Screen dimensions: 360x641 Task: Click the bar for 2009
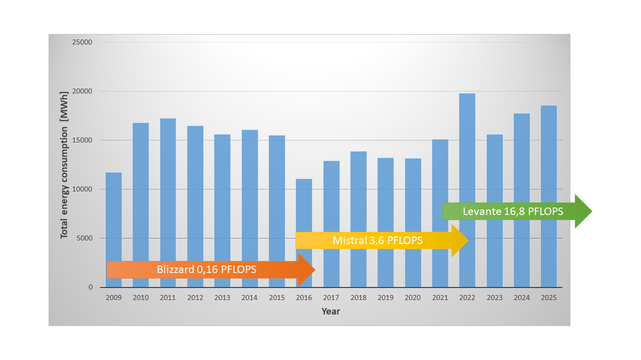coord(113,218)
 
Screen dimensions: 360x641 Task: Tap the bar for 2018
coord(358,192)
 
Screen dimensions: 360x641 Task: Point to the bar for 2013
coord(222,192)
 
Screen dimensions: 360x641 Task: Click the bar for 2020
coord(413,192)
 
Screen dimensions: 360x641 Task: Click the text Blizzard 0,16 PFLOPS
coord(206,270)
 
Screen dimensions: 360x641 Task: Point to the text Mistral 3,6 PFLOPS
coord(377,241)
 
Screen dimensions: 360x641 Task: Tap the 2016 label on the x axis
coord(304,299)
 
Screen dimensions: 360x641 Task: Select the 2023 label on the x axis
coord(494,299)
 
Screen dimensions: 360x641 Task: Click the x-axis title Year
coord(331,312)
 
